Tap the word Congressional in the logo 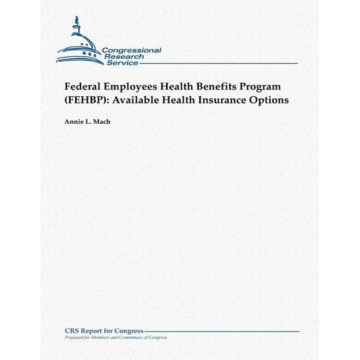131,50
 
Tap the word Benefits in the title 227,86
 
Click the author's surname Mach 100,122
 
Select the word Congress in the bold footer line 129,331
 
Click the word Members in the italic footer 96,337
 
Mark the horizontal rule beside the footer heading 222,331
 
